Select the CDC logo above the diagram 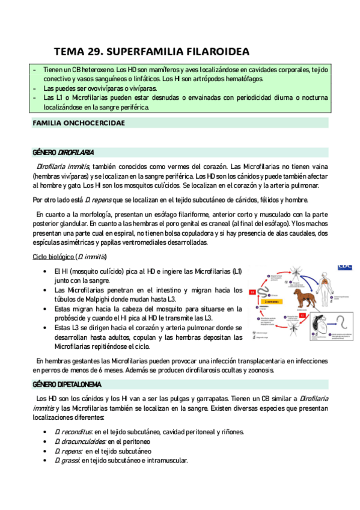pyautogui.click(x=345, y=264)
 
